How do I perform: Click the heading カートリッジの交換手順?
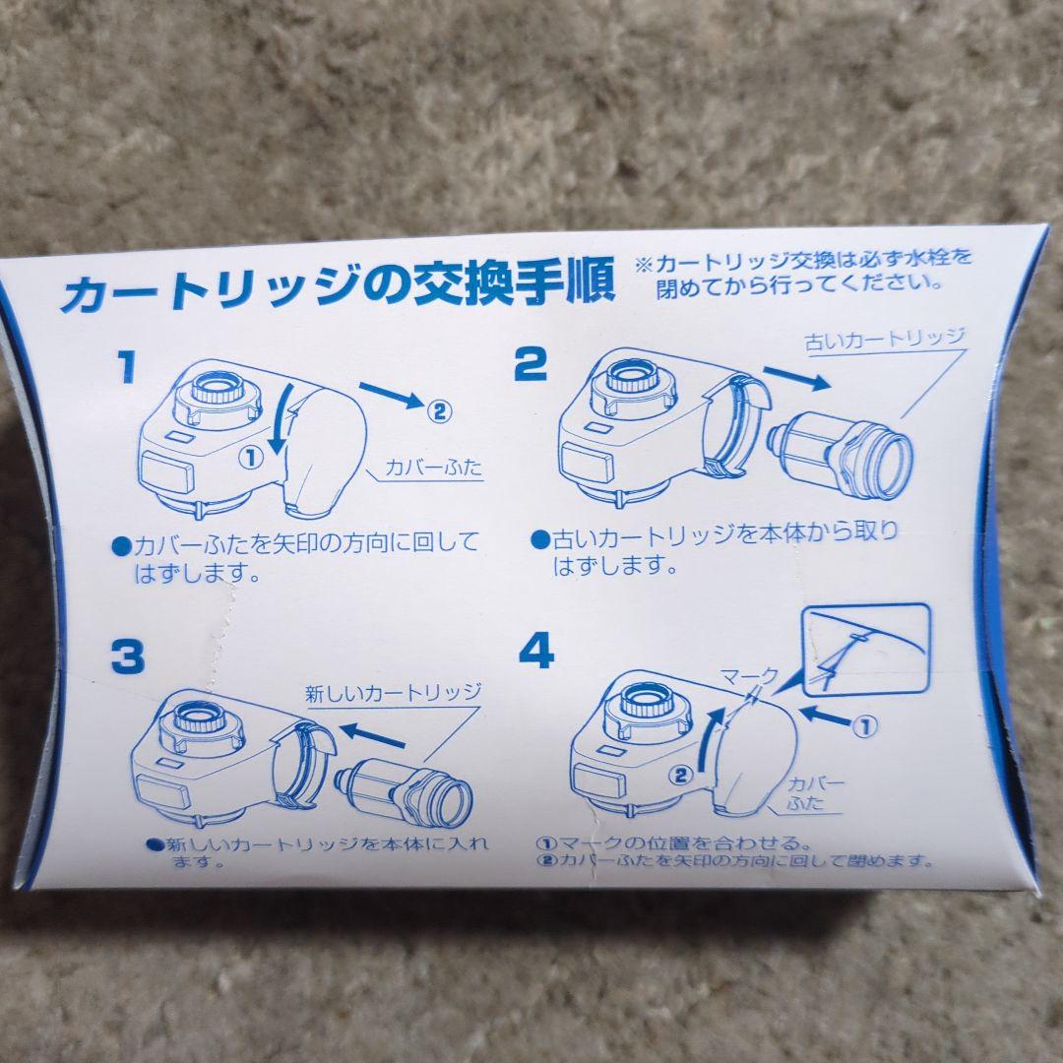point(337,284)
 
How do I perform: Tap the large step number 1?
point(126,368)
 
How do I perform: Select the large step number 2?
point(530,365)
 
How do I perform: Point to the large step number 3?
point(127,657)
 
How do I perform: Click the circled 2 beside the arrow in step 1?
point(440,410)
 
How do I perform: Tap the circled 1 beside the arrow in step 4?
point(862,728)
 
